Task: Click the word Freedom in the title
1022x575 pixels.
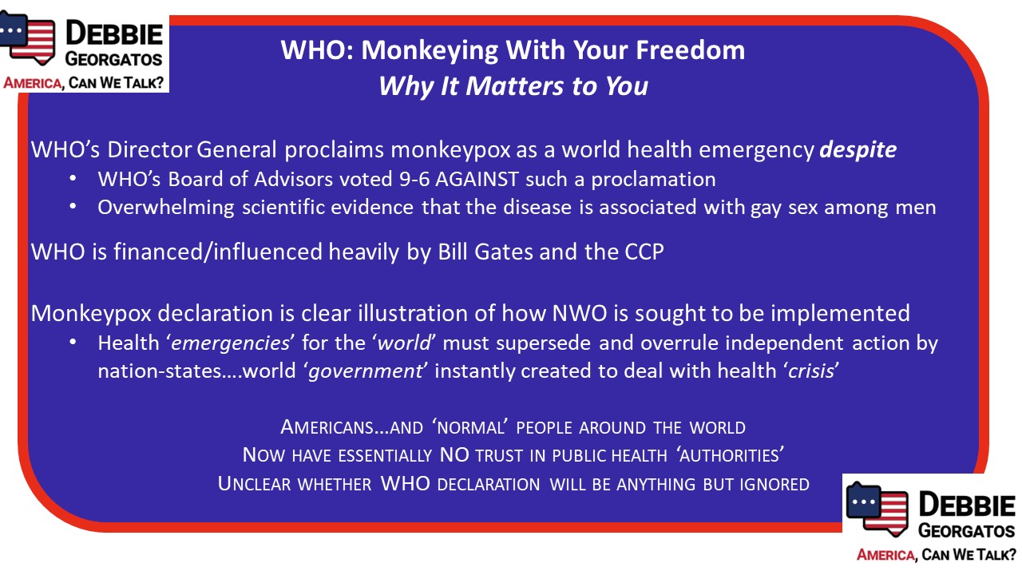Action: [x=691, y=50]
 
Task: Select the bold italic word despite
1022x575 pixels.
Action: [x=858, y=150]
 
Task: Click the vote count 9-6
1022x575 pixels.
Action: [x=414, y=180]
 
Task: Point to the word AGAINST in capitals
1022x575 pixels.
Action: [x=477, y=180]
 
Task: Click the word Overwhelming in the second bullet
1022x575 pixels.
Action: [x=166, y=208]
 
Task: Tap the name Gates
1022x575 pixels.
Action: [x=504, y=252]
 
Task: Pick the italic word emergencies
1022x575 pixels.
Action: [x=230, y=343]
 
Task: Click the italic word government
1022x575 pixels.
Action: [x=366, y=371]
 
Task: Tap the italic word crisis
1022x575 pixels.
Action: [x=811, y=371]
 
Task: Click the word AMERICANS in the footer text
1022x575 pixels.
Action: [x=327, y=427]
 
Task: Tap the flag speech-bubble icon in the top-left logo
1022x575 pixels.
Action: [x=27, y=38]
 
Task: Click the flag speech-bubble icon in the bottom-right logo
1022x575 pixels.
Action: [x=877, y=509]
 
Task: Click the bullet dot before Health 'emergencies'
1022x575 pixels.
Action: [x=73, y=343]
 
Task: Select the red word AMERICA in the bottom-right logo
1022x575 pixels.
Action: [x=885, y=555]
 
